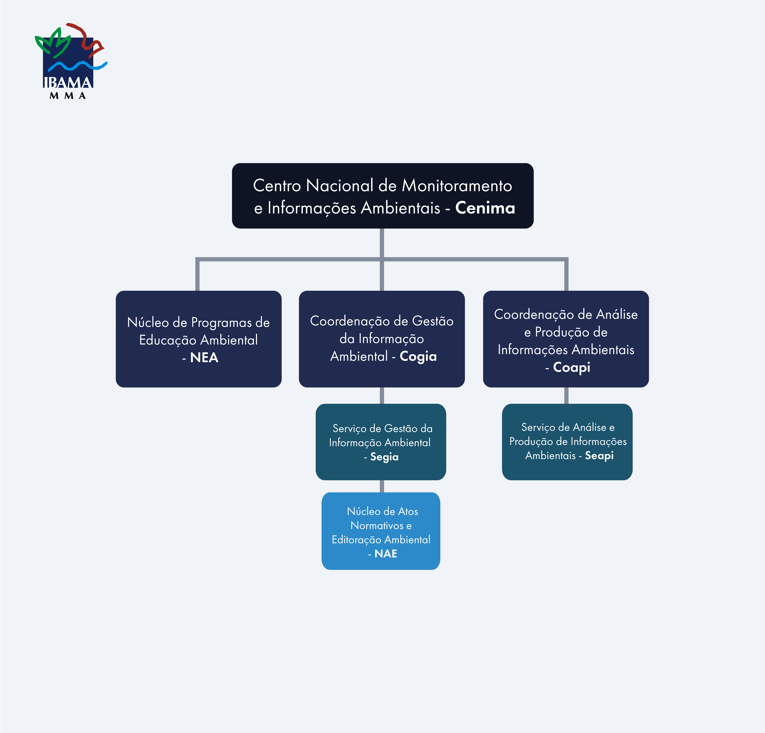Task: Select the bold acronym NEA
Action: [204, 357]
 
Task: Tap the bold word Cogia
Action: [418, 356]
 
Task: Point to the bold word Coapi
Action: [571, 367]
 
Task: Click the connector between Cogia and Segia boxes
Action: [382, 396]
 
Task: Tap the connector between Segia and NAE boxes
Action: [382, 486]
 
